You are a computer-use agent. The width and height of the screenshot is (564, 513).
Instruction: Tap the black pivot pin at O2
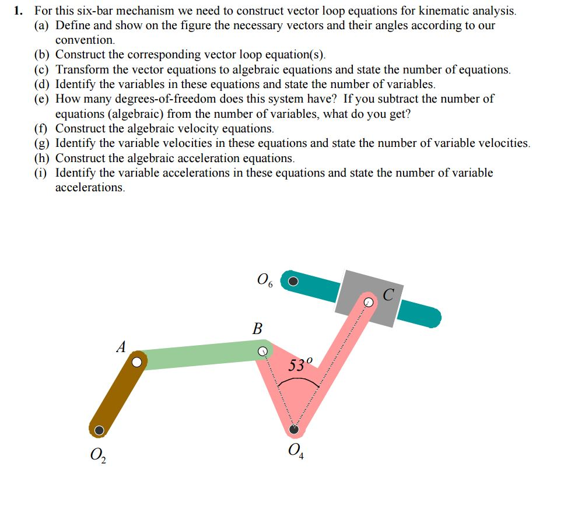pos(99,430)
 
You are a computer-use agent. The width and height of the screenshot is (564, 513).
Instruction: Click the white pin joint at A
pos(136,362)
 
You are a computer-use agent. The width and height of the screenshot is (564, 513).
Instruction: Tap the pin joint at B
pos(263,352)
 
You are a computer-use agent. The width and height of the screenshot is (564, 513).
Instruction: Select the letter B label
pos(257,328)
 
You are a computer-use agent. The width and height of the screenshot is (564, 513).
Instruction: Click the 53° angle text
pos(301,366)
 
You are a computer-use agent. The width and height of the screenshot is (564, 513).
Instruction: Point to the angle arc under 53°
pos(298,380)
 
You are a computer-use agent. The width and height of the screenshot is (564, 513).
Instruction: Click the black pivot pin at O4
pos(294,430)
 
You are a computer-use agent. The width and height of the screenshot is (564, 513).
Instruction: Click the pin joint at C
pos(368,301)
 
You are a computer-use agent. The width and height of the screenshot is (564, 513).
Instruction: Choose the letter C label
pos(389,294)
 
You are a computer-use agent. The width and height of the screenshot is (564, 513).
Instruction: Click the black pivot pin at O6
pos(293,281)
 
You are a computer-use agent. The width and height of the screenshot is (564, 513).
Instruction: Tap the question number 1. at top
pos(20,10)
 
